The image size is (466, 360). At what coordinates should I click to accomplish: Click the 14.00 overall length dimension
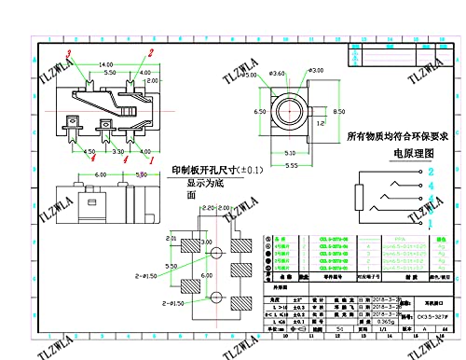(x=106, y=63)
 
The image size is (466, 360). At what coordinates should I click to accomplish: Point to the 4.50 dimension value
(x=89, y=149)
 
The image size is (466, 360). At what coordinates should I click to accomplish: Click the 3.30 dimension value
(x=118, y=149)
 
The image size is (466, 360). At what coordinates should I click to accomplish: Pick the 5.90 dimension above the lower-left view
(x=141, y=173)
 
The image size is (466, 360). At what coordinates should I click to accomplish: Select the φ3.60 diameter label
(x=277, y=74)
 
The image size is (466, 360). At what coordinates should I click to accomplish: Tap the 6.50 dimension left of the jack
(x=263, y=110)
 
